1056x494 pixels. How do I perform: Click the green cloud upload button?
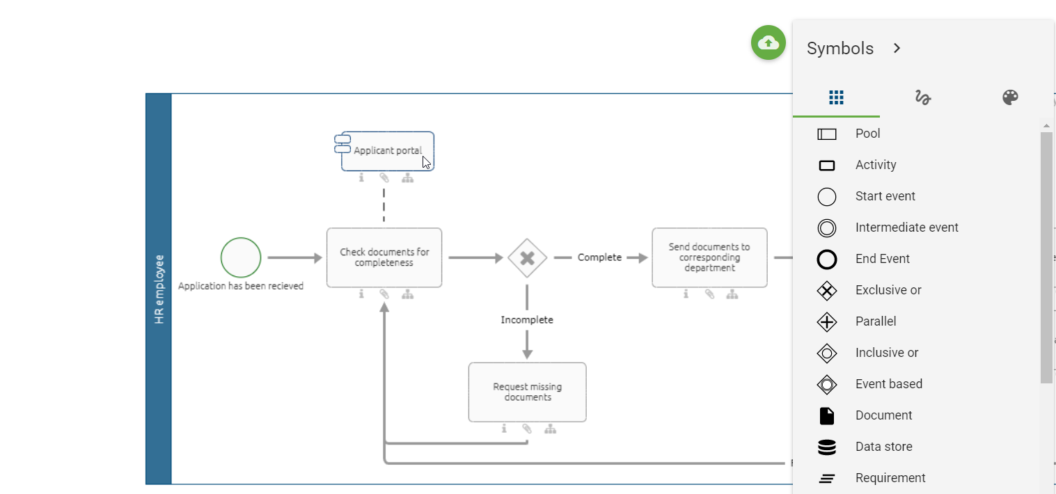768,42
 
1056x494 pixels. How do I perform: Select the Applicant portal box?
388,151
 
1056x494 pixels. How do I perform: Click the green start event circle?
241,257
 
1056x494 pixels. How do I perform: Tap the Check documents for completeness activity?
384,257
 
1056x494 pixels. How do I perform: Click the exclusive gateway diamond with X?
527,258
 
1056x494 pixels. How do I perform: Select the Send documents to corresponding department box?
709,257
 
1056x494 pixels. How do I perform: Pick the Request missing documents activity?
527,392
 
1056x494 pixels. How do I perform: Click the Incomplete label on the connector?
527,320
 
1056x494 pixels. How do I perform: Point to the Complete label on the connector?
599,257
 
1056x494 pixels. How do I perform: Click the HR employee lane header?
159,289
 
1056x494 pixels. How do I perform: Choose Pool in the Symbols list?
867,134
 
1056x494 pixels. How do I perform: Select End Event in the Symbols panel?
882,259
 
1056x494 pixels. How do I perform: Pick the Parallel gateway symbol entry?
875,321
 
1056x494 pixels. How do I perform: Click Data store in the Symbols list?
883,447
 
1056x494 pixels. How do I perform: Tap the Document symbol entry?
883,415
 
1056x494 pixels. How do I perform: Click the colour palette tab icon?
1010,97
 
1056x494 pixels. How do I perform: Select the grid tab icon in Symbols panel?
836,97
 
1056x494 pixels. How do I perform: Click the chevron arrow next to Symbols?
897,48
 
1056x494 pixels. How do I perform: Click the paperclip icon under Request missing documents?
527,429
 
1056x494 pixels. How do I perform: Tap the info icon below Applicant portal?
361,178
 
